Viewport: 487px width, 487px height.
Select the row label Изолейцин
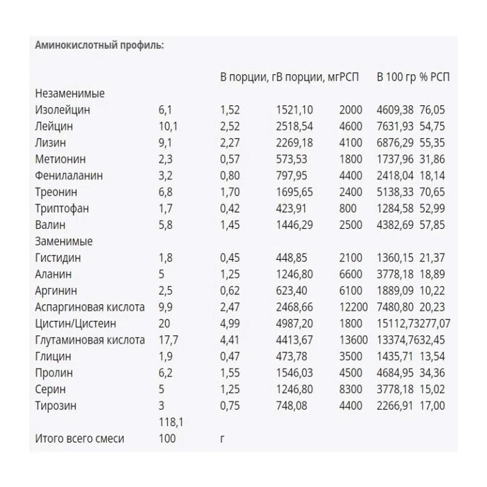63,110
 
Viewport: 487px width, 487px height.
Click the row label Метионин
61,159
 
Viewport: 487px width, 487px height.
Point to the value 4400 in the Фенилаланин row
351,176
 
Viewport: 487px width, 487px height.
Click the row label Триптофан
62,209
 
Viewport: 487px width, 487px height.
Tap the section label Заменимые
64,242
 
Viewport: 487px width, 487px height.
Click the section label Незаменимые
70,93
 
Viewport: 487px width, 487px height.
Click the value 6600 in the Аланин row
351,275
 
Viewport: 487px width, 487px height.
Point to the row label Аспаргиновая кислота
90,308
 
